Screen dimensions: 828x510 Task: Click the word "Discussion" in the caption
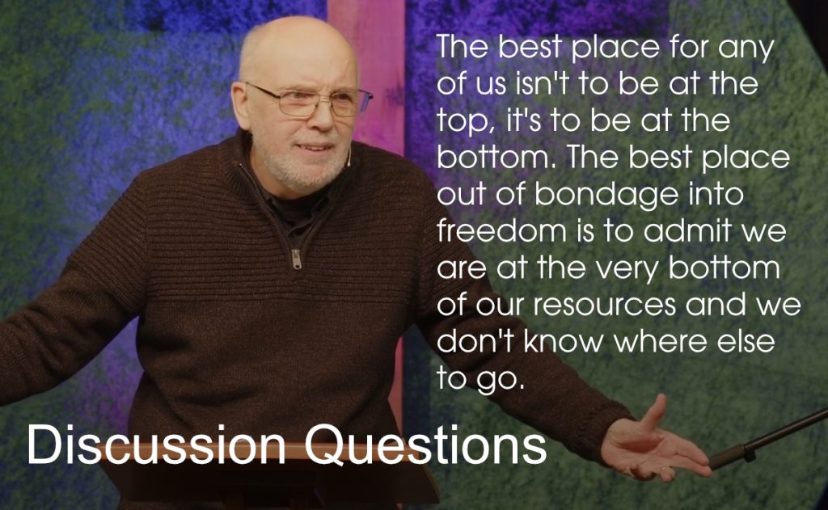click(x=156, y=445)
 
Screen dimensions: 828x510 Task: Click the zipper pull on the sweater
click(x=298, y=259)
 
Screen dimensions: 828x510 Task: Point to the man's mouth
click(x=315, y=148)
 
